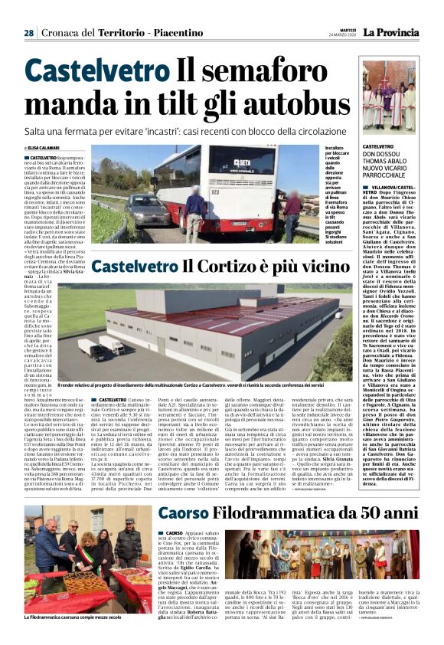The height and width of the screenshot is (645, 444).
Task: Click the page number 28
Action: pos(28,33)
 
